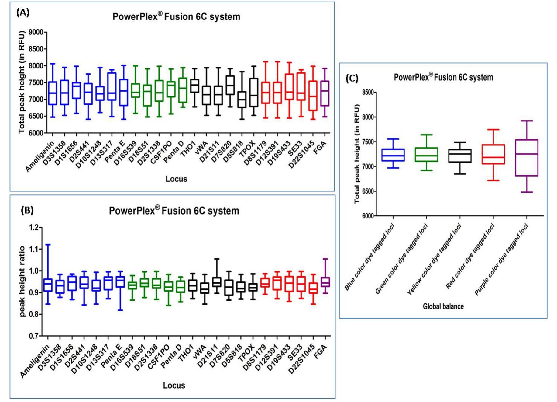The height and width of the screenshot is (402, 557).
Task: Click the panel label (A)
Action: [x=23, y=12]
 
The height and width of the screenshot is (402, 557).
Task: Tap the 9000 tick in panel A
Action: [x=36, y=32]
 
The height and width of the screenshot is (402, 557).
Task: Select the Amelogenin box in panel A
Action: [x=53, y=93]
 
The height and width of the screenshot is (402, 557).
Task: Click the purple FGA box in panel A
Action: [x=325, y=93]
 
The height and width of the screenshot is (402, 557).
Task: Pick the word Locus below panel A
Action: [x=176, y=179]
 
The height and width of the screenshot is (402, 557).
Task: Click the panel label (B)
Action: [x=27, y=210]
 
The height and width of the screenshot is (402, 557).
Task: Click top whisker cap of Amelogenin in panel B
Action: [x=48, y=244]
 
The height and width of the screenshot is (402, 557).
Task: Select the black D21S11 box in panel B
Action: [x=217, y=282]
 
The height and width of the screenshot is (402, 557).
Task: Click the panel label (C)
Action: [x=352, y=78]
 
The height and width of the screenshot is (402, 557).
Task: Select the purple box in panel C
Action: [x=527, y=158]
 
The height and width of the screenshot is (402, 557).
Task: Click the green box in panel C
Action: [x=426, y=155]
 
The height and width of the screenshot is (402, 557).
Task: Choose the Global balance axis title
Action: [x=443, y=306]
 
